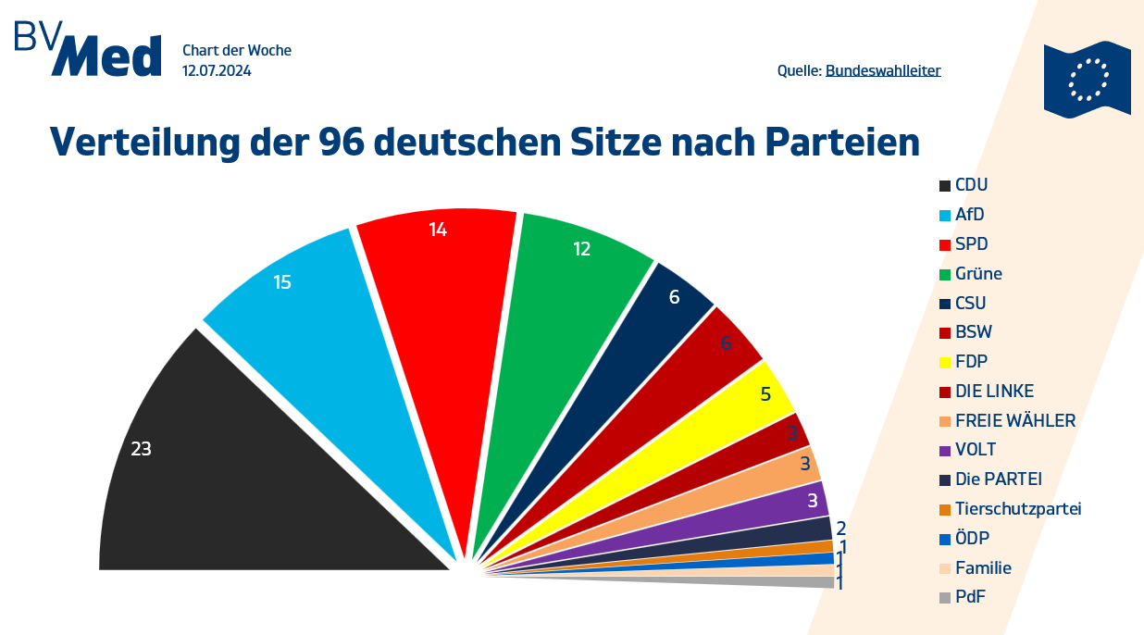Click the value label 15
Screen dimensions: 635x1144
(282, 282)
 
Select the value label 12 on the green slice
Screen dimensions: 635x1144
(581, 248)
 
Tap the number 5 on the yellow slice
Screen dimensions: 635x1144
(765, 393)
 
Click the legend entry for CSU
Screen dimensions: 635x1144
(970, 303)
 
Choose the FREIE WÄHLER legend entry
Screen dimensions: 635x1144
(1014, 421)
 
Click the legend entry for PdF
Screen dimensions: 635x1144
(970, 597)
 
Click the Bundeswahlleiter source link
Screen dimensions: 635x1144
(883, 70)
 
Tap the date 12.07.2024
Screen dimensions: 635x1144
(217, 70)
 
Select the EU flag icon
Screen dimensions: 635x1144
(1088, 79)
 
